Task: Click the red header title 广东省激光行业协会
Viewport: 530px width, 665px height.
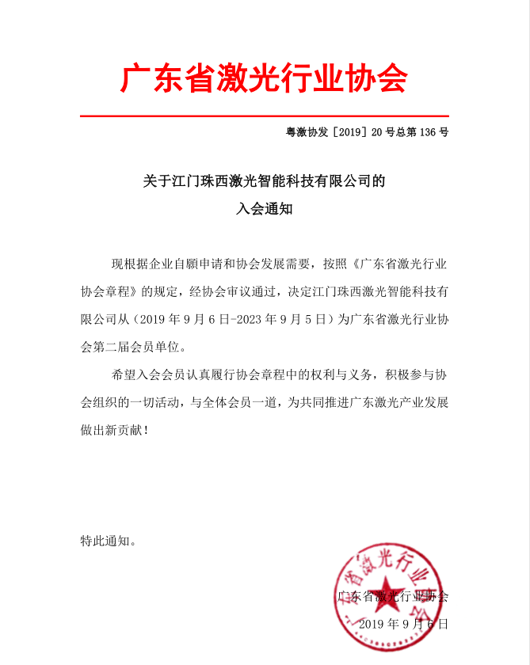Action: (x=264, y=79)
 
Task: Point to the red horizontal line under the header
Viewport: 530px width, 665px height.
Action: (x=264, y=116)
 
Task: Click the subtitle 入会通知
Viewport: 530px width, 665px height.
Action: (x=264, y=210)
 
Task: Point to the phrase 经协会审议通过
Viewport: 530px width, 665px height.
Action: (x=234, y=291)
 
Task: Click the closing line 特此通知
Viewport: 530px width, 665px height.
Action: (x=106, y=542)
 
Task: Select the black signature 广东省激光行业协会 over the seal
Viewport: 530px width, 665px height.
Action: (x=393, y=596)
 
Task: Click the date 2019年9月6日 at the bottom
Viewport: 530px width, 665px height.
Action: (x=402, y=625)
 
